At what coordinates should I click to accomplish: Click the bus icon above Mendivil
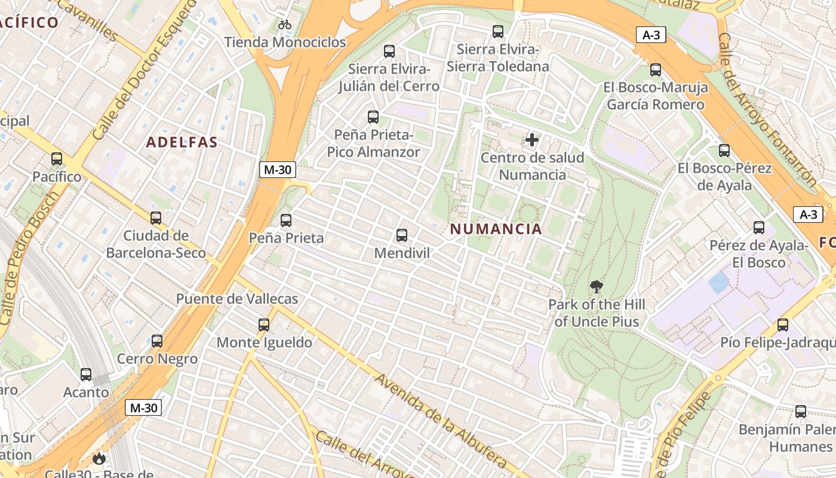pos(402,235)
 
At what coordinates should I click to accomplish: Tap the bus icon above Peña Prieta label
pos(286,220)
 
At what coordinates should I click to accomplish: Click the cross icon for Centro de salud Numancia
pos(531,140)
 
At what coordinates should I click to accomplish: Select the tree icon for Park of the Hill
pos(596,287)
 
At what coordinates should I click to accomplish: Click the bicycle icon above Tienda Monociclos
pos(285,24)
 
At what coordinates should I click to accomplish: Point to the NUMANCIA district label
pos(496,229)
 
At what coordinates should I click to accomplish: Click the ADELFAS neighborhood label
pos(182,142)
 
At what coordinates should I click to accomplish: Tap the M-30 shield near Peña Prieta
pos(278,170)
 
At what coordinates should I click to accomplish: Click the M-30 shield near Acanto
pos(143,408)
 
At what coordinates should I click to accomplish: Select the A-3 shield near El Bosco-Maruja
pos(651,35)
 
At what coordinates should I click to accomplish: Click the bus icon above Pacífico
pos(57,159)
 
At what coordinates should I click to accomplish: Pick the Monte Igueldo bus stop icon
pos(264,325)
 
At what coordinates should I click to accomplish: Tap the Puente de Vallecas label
pos(237,299)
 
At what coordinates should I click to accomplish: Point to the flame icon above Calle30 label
pos(99,459)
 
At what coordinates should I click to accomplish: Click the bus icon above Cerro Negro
pos(157,341)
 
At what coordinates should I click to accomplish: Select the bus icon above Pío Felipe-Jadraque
pos(783,325)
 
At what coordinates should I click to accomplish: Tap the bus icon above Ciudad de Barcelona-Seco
pos(156,218)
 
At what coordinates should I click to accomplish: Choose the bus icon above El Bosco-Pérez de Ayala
pos(724,151)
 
